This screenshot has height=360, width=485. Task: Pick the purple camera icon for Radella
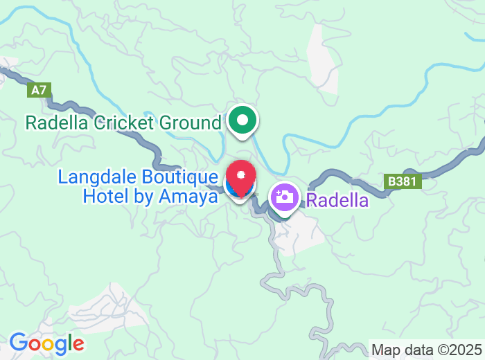(283, 197)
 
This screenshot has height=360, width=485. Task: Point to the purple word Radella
(337, 201)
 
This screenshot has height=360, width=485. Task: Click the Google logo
(46, 343)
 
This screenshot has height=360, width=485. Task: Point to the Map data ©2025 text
(427, 350)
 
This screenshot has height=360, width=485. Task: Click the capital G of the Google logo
(19, 343)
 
